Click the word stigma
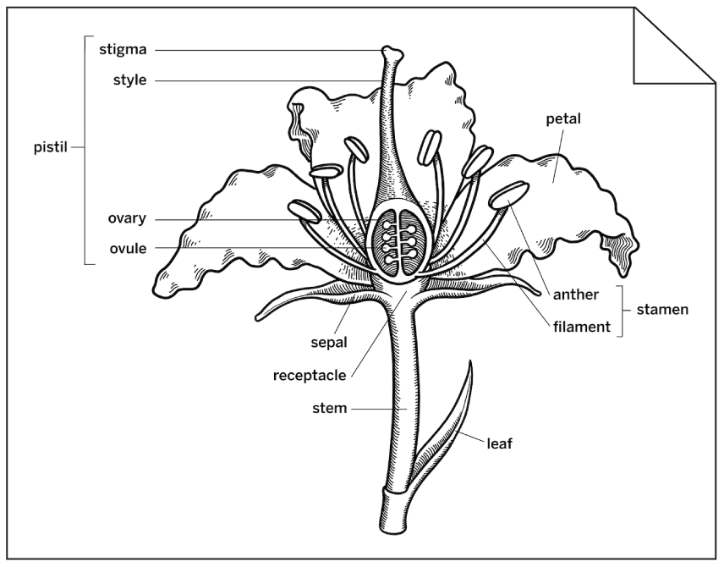123,49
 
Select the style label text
129,80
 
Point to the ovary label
127,218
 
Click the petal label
563,119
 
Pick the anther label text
575,295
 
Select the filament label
582,326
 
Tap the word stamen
662,310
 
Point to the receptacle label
309,375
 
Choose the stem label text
329,409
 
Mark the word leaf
500,443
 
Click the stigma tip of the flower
390,53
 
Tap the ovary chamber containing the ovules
396,241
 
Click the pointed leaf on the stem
457,415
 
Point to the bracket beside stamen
623,311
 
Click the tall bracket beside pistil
85,150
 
